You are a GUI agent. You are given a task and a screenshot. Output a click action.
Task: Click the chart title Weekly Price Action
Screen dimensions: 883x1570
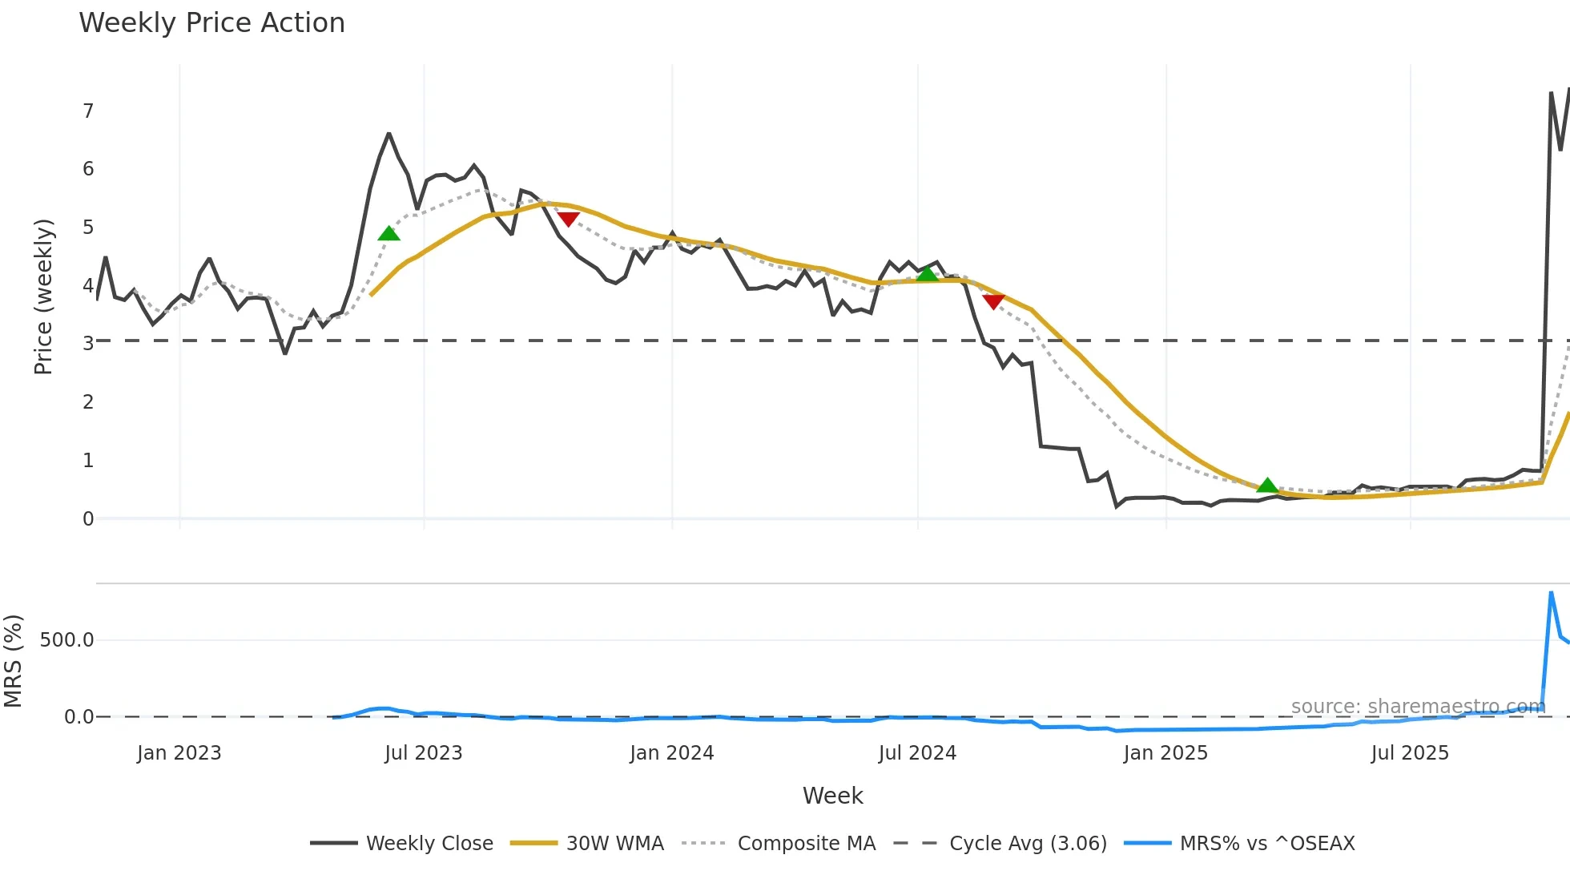211,23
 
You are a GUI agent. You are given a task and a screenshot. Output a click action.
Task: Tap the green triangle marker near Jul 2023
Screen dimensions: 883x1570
388,234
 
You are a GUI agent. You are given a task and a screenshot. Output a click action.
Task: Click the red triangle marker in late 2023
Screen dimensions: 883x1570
568,219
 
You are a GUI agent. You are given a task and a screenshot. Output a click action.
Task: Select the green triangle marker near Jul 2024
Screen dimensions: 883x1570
927,274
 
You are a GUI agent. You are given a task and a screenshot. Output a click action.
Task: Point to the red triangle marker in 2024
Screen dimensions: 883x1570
993,301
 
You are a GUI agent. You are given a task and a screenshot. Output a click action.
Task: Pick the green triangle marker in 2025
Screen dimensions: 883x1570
1267,485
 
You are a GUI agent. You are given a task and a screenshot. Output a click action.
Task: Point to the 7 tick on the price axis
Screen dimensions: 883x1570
88,111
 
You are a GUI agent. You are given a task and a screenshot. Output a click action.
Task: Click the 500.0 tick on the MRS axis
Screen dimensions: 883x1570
67,640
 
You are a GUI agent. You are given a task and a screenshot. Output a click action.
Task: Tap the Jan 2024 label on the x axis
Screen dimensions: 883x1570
671,753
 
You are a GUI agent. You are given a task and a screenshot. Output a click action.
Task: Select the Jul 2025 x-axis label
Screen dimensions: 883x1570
1410,753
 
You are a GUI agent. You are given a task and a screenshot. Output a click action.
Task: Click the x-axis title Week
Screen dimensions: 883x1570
832,796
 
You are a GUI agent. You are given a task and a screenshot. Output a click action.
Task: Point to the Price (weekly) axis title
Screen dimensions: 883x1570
43,296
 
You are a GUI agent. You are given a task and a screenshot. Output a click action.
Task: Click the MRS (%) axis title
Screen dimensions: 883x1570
14,661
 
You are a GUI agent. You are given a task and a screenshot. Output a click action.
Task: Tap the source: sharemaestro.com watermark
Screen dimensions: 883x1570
1418,707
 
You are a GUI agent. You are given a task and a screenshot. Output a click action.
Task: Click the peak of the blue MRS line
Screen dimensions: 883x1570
1552,593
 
